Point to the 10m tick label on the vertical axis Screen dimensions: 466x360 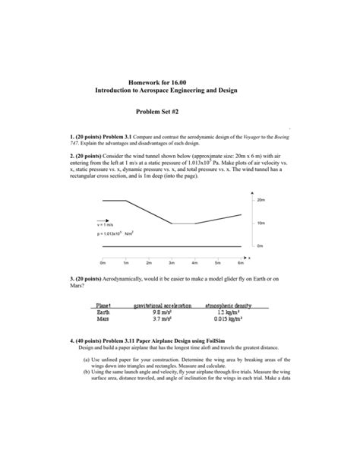(261, 223)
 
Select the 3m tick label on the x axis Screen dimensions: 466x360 (172, 262)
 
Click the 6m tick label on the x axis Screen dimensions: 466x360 (240, 262)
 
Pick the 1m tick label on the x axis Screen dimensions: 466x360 (125, 262)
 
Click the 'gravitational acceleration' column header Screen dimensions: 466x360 (160, 305)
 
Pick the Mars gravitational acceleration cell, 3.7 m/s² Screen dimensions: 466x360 (160, 319)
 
